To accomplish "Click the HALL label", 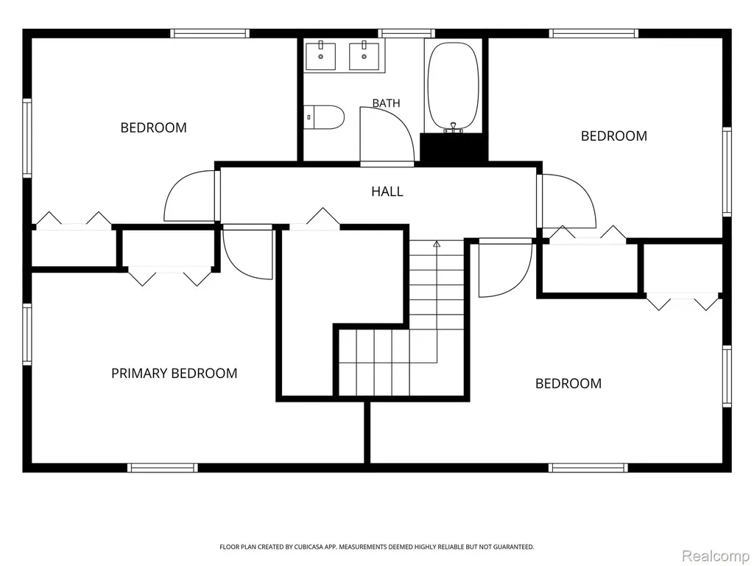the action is [387, 192].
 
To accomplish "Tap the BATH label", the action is [386, 103].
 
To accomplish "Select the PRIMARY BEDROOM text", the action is [174, 374].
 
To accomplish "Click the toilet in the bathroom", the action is [325, 117].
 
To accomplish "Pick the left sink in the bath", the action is [321, 56].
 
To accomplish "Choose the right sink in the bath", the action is [364, 56].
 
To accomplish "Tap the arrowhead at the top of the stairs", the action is [437, 244].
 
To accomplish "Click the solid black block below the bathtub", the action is [454, 147].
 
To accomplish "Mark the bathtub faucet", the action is [453, 127].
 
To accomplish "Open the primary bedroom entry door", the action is [248, 252].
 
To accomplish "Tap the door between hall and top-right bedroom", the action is [566, 201].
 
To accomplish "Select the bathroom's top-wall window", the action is [406, 33].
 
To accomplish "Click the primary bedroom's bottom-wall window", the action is [163, 467].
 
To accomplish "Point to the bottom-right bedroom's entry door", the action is [505, 268].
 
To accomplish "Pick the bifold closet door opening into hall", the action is [314, 220].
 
